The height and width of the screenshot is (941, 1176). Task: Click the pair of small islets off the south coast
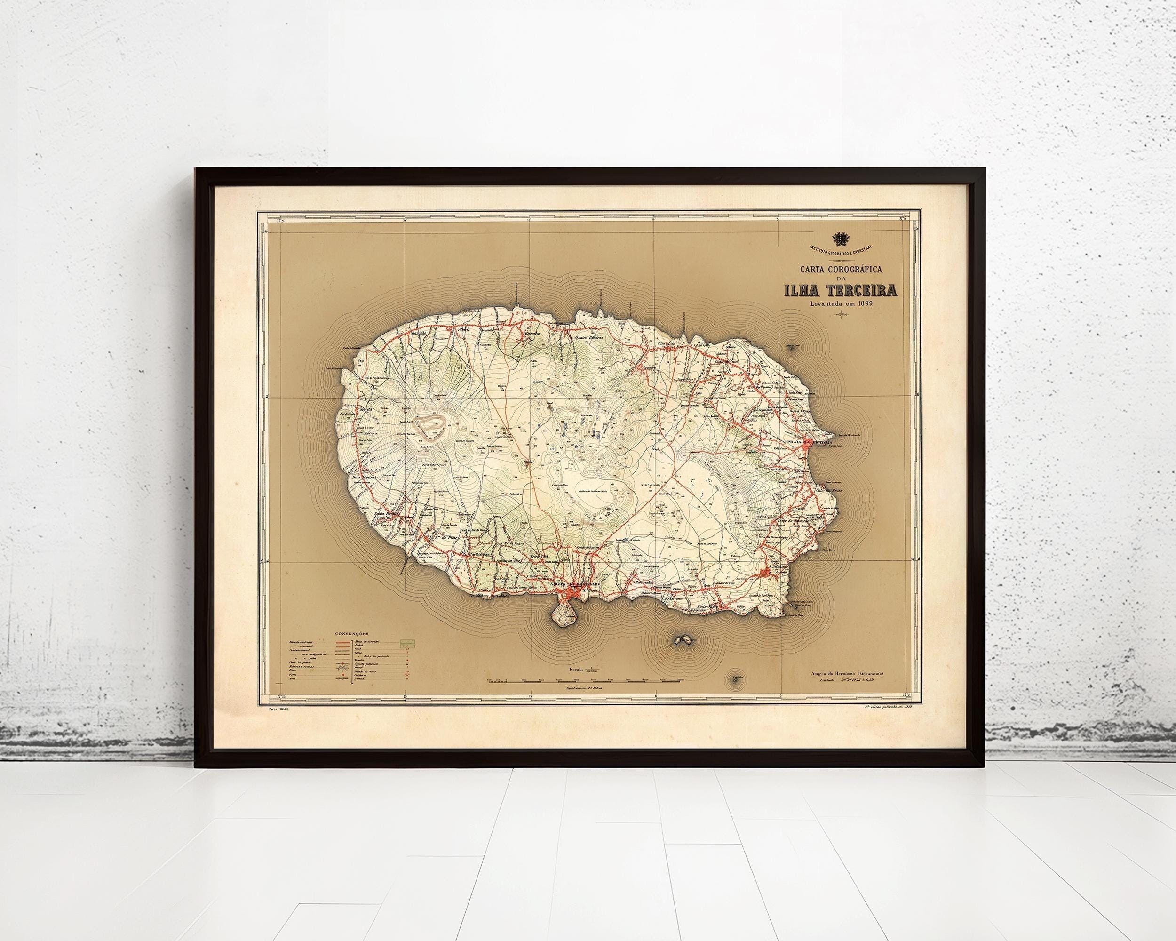682,639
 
